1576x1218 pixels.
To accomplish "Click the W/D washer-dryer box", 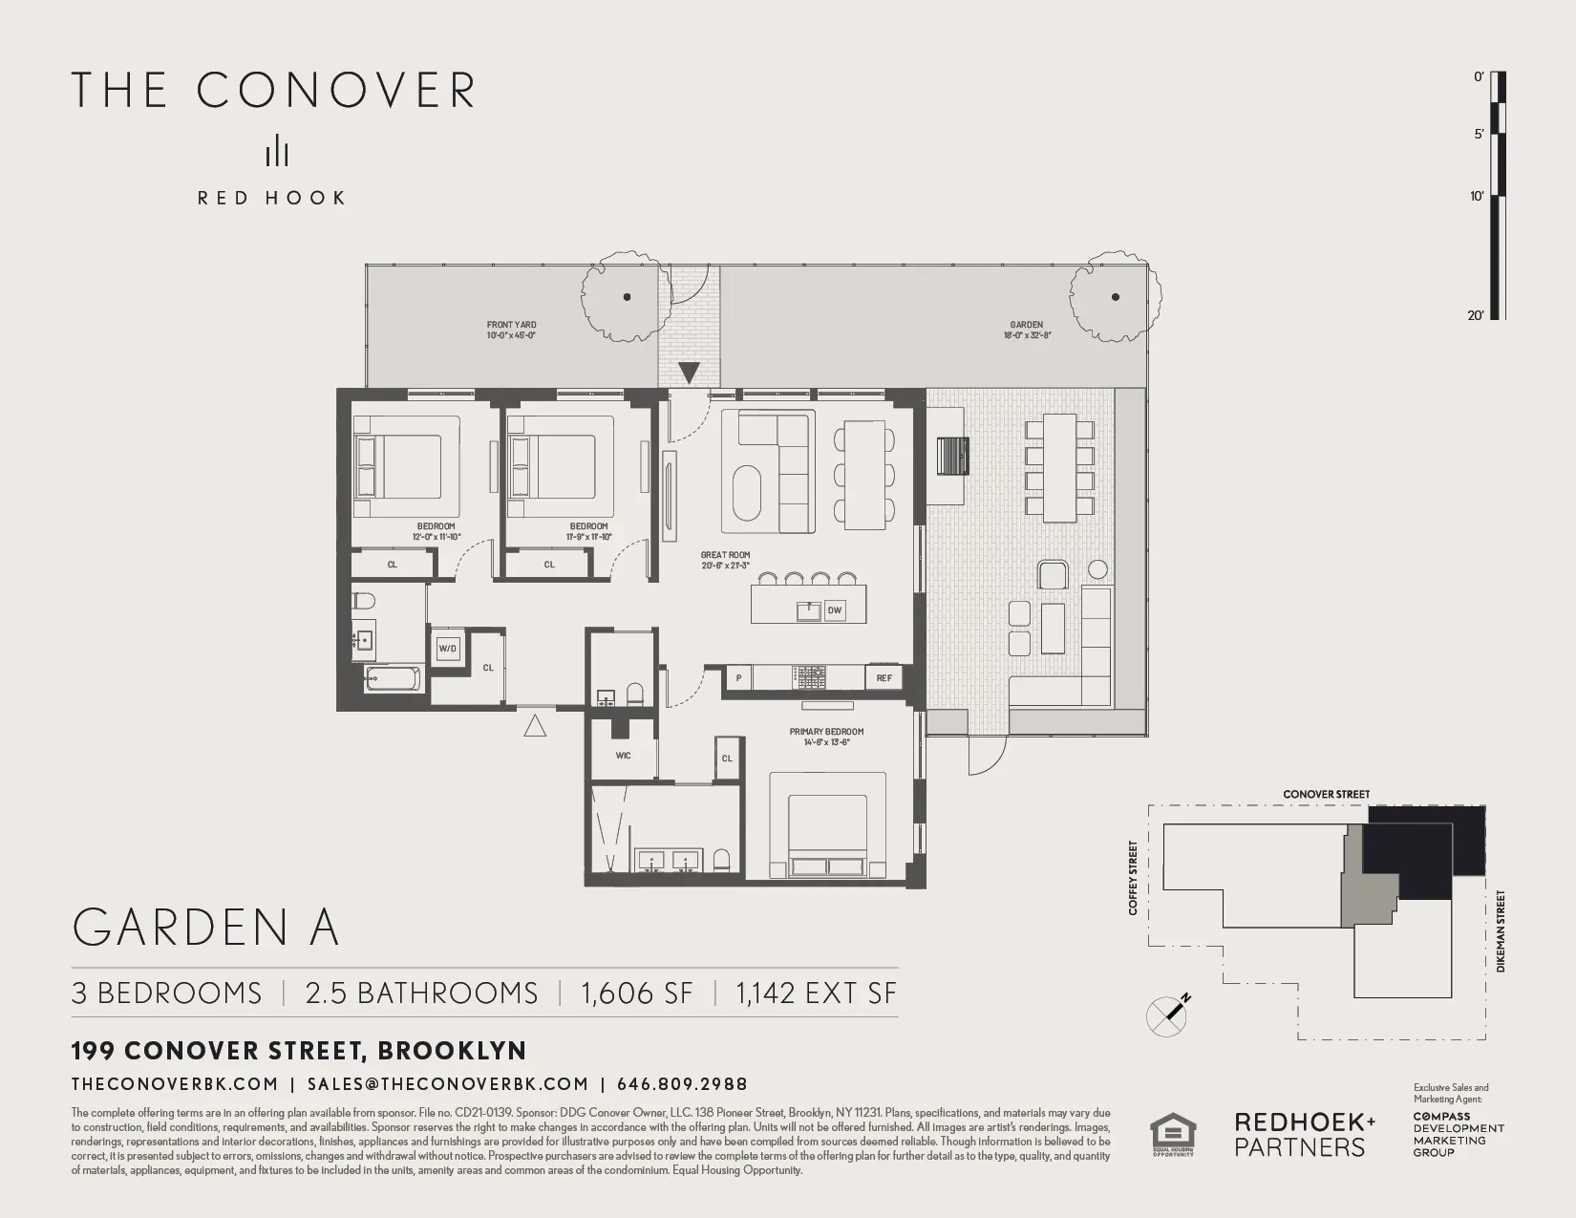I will [x=448, y=649].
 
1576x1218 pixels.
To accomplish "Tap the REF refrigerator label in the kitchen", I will [x=884, y=678].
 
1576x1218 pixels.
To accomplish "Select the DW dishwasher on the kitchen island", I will [x=835, y=609].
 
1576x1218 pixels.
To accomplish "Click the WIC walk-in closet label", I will [x=623, y=756].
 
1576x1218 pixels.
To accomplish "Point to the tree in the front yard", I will [x=626, y=296].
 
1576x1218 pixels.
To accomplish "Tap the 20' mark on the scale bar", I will [x=1477, y=315].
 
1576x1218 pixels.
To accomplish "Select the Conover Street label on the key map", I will [x=1326, y=795].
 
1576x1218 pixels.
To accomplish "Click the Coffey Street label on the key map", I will [x=1134, y=878].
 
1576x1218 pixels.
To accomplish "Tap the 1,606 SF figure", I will [x=637, y=994].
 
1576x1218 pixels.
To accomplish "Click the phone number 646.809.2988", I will [x=682, y=1084].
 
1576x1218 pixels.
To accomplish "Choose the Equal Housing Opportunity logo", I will [x=1172, y=1135].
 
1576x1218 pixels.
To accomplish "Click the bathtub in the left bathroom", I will [x=394, y=679].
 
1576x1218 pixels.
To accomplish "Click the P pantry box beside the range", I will [x=738, y=678].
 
